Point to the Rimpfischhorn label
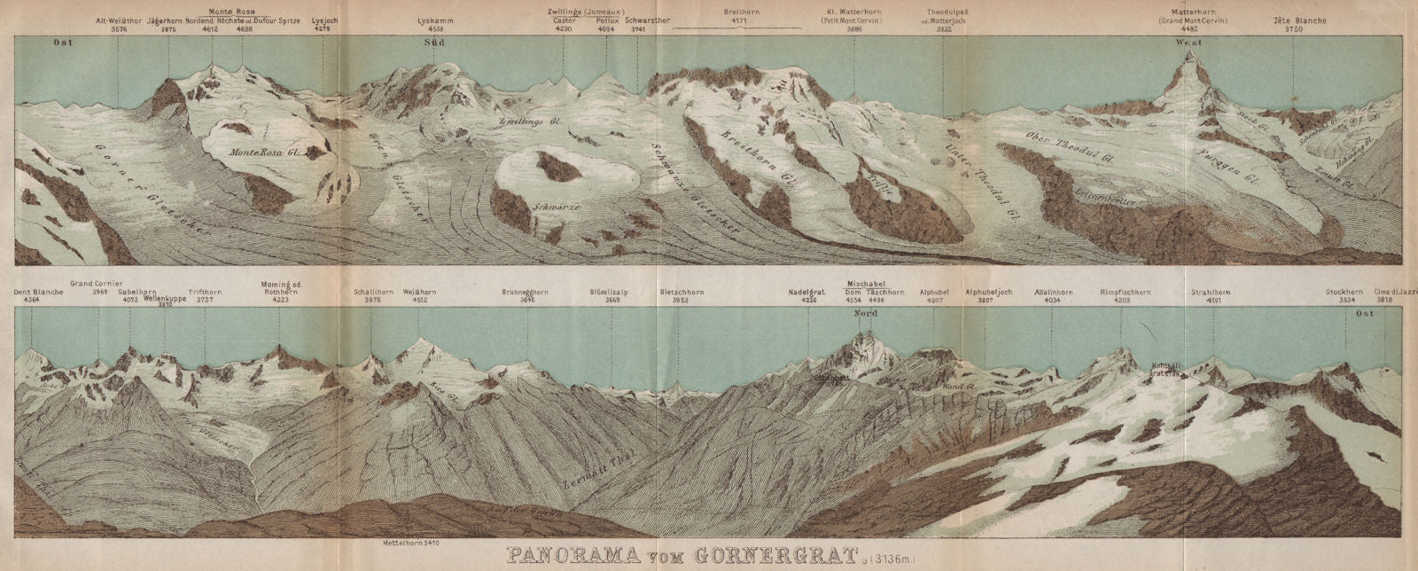[1126, 292]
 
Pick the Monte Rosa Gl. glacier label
[268, 152]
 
